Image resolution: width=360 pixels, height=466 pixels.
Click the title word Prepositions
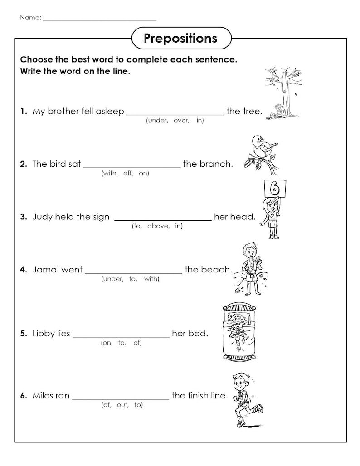(180, 39)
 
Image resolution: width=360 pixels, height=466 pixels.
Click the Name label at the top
(30, 18)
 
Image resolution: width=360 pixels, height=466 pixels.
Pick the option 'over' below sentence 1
(181, 121)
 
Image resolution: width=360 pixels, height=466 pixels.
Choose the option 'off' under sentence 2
(128, 174)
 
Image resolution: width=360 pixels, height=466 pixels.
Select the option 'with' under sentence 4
(151, 279)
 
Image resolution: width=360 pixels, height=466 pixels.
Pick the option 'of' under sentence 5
(137, 343)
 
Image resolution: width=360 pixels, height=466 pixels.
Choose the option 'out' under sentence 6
(122, 405)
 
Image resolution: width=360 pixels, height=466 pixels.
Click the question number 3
(23, 217)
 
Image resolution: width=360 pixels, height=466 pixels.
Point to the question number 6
(23, 396)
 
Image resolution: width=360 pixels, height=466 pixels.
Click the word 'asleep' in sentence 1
(110, 112)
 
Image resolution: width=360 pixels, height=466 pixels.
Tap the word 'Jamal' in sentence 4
(45, 270)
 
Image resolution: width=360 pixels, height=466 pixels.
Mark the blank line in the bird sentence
(131, 167)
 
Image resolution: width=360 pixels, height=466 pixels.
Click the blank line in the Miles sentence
(120, 399)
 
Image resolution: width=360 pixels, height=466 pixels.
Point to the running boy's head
(240, 381)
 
